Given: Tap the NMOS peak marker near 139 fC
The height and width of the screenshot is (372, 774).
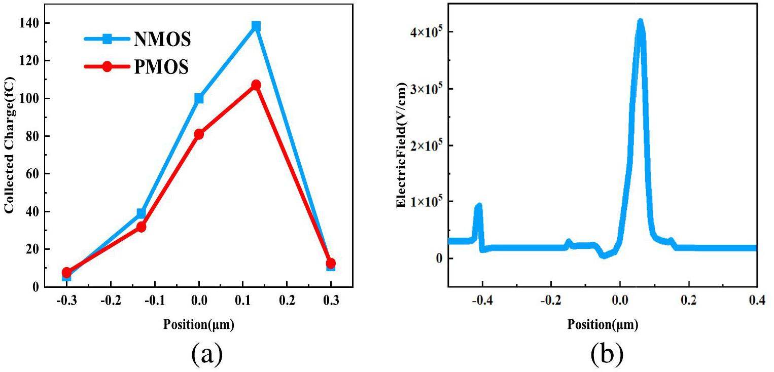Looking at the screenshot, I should tap(256, 26).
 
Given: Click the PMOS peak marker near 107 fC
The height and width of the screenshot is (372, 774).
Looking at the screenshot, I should tap(256, 85).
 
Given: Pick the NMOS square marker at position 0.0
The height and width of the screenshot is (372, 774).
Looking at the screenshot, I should tap(199, 98).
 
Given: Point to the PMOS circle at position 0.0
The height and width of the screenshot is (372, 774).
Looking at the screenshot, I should tap(199, 134).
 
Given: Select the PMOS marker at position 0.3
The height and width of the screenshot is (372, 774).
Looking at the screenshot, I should tap(331, 263).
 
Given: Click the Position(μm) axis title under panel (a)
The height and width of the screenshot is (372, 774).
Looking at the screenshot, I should tap(199, 325).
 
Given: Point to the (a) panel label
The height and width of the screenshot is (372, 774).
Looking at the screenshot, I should tap(206, 355).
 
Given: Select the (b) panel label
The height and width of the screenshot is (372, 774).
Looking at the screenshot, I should tap(607, 355).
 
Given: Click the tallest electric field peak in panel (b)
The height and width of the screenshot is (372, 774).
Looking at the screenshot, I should tap(640, 22).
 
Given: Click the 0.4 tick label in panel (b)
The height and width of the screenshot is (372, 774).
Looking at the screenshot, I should tap(756, 300).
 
